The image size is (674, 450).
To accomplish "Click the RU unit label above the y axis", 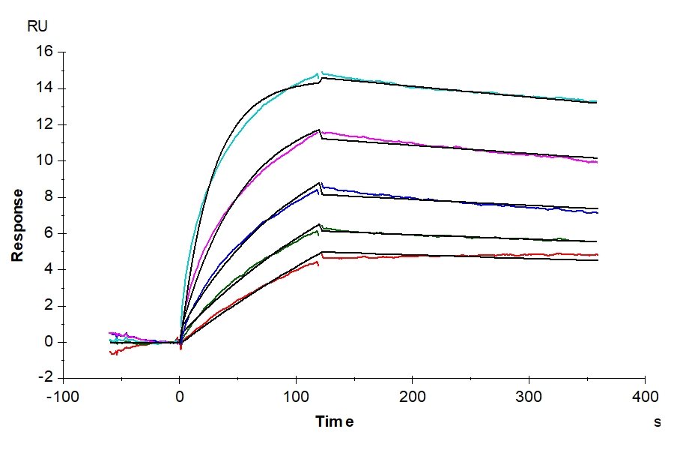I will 38,27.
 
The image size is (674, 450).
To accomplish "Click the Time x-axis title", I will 334,421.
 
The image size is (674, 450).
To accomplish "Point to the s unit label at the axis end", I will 658,422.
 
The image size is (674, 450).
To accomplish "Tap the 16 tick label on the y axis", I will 44,52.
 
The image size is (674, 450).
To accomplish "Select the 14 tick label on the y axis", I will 44,88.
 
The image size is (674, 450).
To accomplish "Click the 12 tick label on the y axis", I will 44,124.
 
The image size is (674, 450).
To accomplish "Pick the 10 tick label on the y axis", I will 44,160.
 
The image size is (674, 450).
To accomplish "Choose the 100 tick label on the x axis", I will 296,395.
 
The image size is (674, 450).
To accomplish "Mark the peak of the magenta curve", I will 319,130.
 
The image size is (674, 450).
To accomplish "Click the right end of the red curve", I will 597,255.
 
